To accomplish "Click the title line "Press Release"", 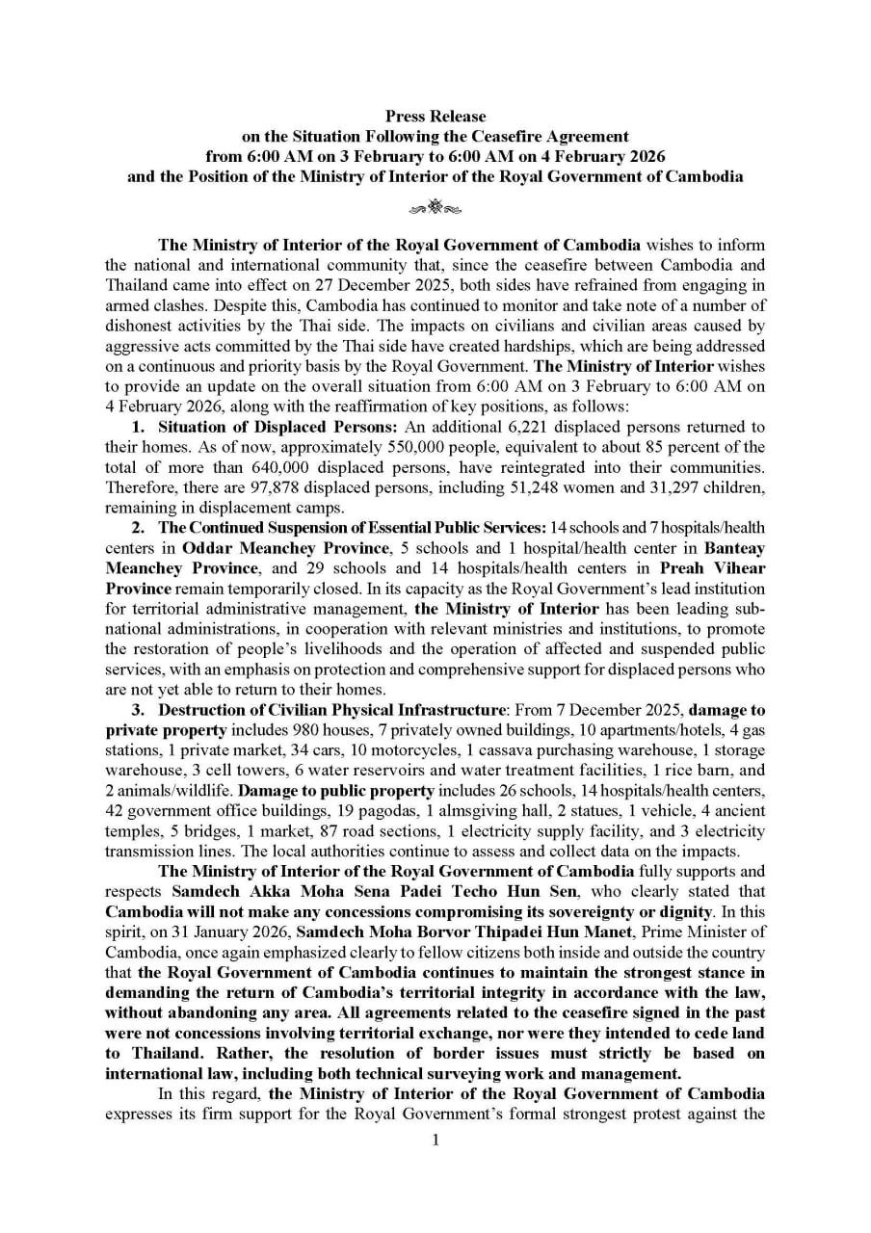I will [x=435, y=117].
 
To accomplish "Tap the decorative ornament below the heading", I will [x=435, y=206].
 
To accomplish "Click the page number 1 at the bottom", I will [x=435, y=1140].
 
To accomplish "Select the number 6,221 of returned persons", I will [x=431, y=426].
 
